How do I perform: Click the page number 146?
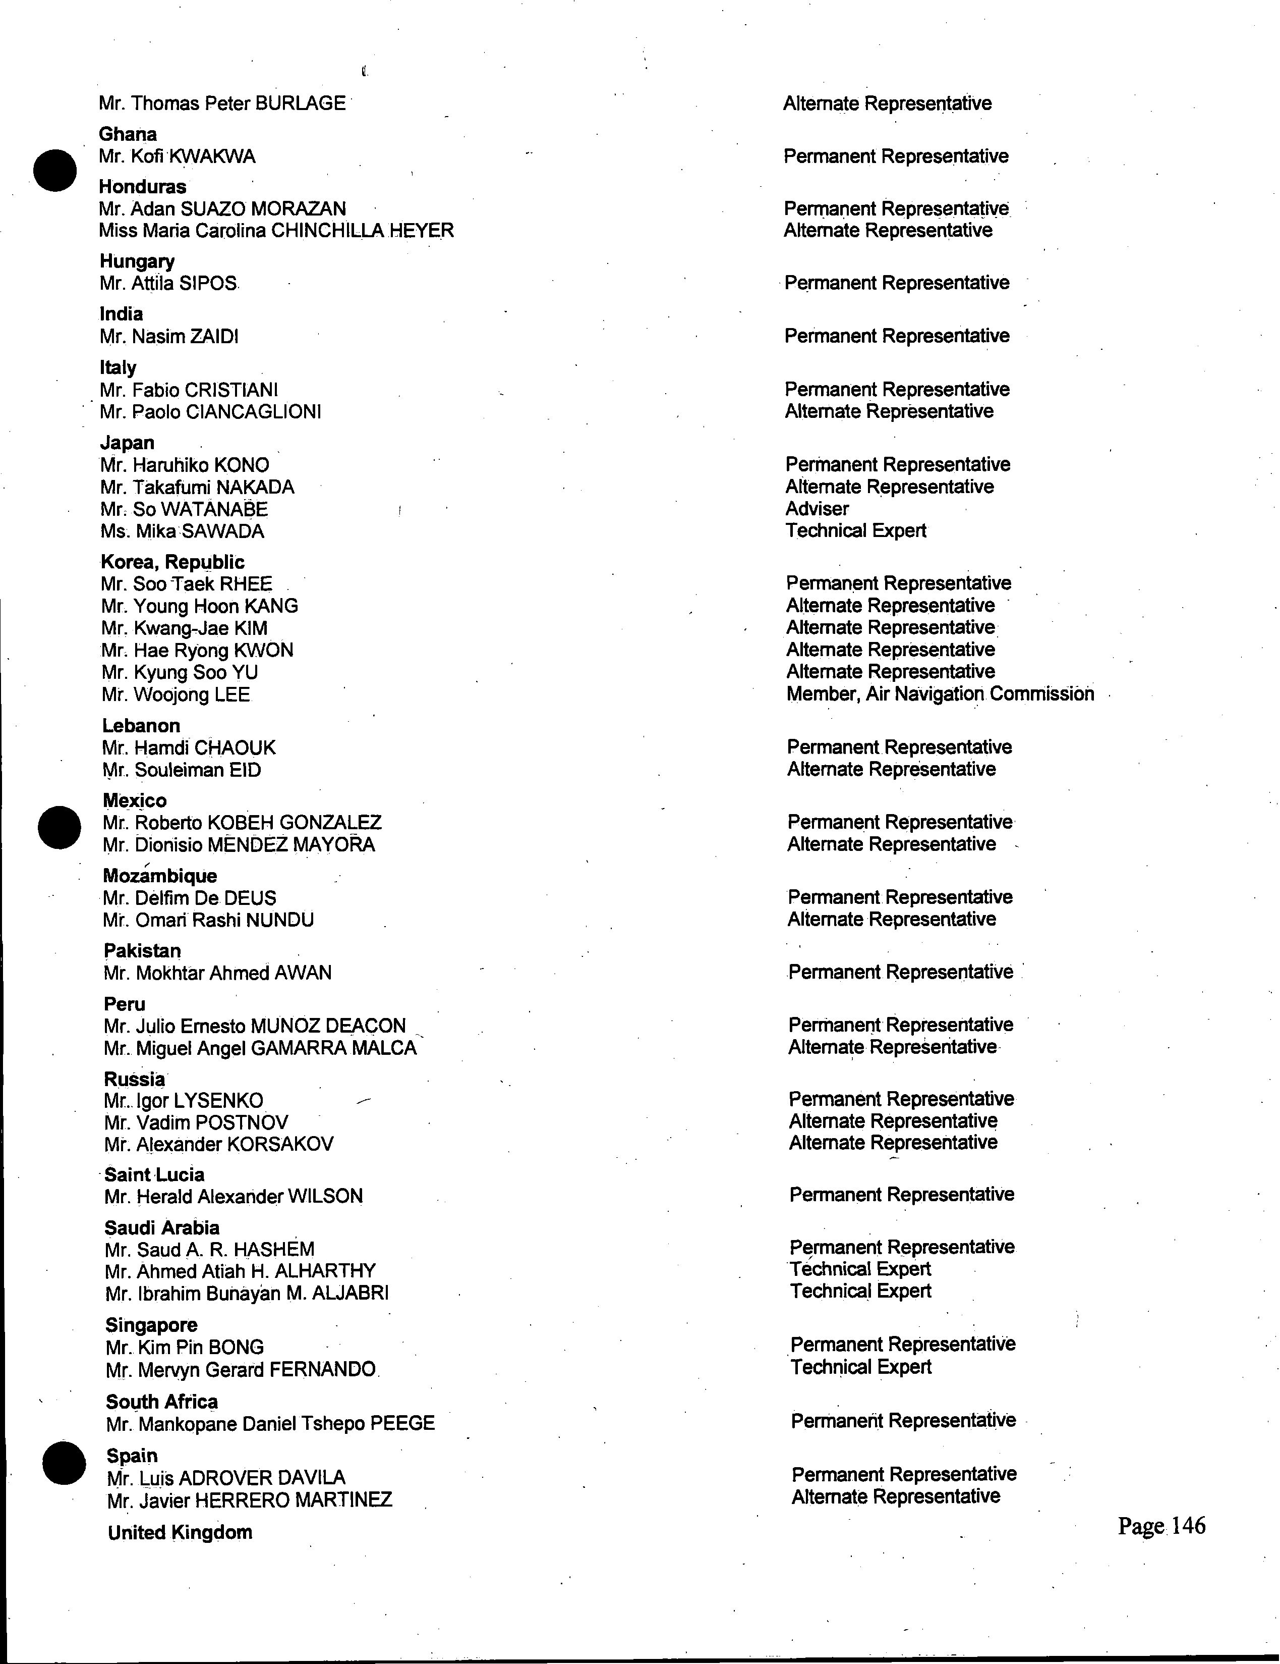1161,1526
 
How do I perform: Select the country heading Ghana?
128,134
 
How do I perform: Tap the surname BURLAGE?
300,103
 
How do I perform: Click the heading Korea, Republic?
173,562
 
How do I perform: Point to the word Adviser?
817,509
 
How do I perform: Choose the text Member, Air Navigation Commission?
941,694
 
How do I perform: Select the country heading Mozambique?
160,876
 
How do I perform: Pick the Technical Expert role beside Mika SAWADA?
856,531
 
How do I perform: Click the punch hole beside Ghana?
55,170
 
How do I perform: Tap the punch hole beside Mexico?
60,827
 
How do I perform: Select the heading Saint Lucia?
154,1175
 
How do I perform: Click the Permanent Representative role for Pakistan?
901,972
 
